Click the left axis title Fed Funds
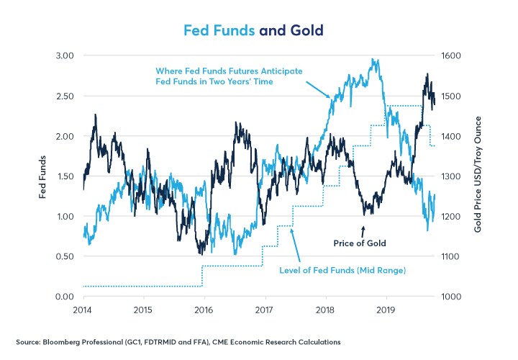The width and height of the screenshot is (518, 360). click(42, 176)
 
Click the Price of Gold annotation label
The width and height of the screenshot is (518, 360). click(360, 243)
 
